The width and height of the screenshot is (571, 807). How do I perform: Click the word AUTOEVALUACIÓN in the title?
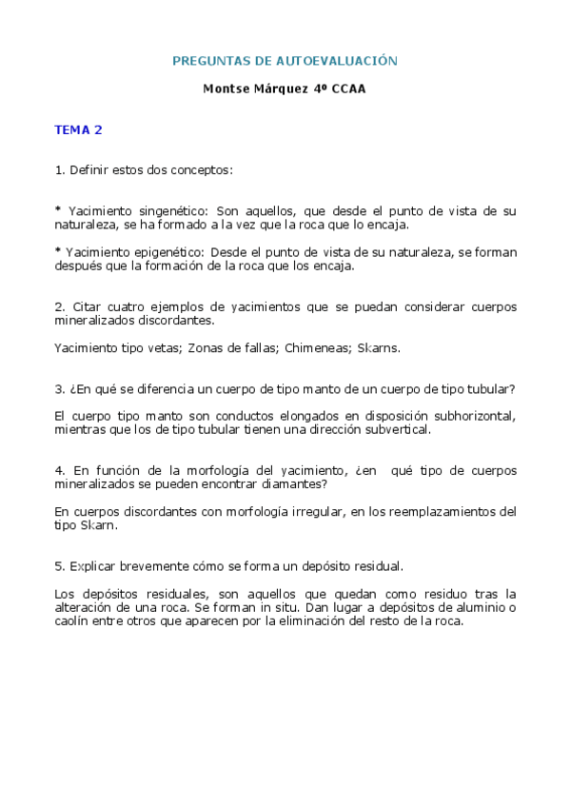337,61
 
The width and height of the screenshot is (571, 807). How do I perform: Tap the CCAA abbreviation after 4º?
347,89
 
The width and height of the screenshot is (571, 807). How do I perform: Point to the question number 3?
59,388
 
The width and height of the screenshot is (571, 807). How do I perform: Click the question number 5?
59,565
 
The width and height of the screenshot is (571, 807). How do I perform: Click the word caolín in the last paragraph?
72,620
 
